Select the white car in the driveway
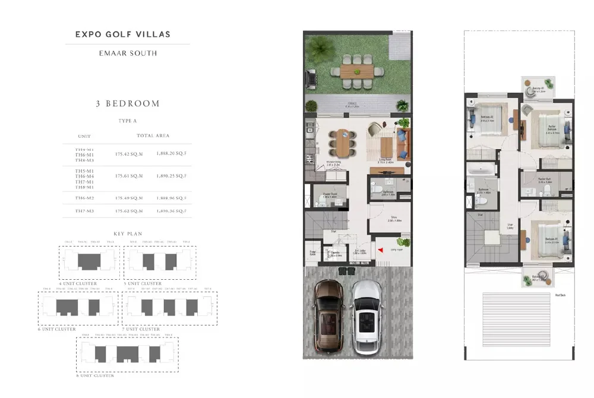[366, 316]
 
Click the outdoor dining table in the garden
[357, 71]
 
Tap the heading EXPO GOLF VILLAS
[123, 34]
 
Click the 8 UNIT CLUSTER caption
[94, 376]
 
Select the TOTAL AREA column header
[153, 135]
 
